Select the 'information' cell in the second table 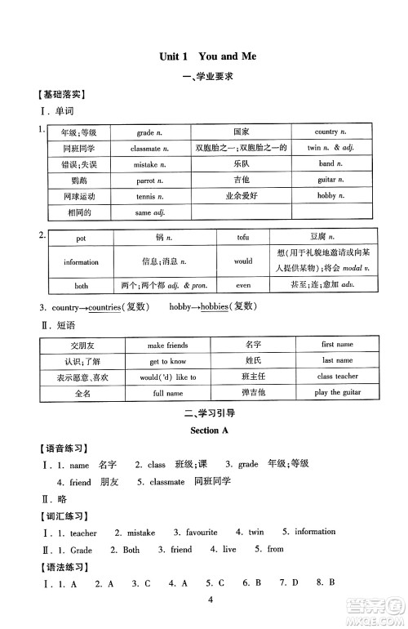(x=81, y=262)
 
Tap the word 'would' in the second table (x=242, y=262)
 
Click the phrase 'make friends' (x=168, y=346)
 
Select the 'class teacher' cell (x=337, y=377)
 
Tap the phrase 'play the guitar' (x=337, y=393)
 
